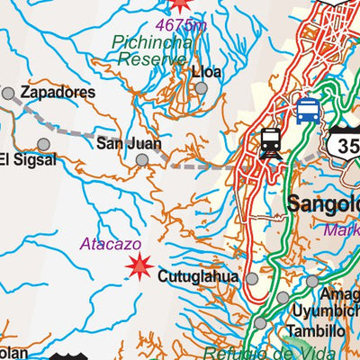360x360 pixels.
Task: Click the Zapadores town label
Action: pos(58,93)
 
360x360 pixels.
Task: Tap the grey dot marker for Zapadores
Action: pos(8,93)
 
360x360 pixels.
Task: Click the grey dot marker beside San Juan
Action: pos(142,160)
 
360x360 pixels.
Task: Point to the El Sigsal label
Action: pos(28,160)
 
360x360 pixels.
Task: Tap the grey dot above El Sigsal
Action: pos(43,144)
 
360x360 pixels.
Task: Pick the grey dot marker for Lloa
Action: pos(202,88)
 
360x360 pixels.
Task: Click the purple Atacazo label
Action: pos(105,242)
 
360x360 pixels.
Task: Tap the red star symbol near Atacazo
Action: pos(139,265)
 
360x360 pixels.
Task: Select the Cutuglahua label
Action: pos(198,277)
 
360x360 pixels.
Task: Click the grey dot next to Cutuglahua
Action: pos(253,280)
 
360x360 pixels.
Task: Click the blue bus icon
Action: pos(307,112)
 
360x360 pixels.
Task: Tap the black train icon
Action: pos(270,143)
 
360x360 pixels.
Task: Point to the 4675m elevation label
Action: pos(180,24)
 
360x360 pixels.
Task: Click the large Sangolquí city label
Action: pos(323,205)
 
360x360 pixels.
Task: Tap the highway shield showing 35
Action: pos(345,144)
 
